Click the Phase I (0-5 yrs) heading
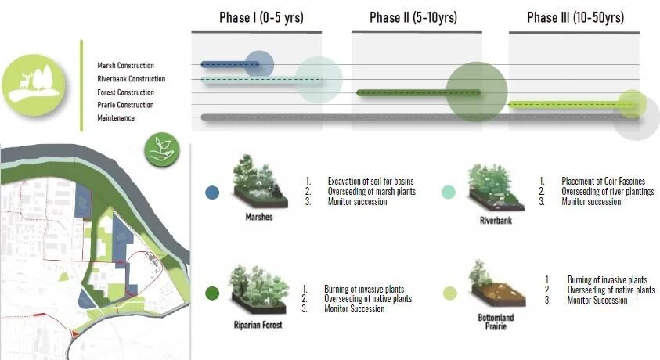click(x=261, y=17)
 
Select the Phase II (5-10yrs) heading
click(x=413, y=17)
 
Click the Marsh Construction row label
click(x=125, y=66)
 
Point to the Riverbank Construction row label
click(x=131, y=79)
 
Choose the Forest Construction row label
click(x=125, y=92)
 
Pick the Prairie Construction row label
click(x=125, y=105)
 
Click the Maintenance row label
click(x=116, y=118)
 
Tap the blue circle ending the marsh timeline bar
click(x=258, y=64)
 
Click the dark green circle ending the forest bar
click(x=476, y=92)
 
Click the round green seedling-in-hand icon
click(x=163, y=148)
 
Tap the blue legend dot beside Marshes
click(x=211, y=193)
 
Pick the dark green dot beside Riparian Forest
click(x=211, y=293)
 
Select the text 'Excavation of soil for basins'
click(x=372, y=181)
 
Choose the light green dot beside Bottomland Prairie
click(x=450, y=293)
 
